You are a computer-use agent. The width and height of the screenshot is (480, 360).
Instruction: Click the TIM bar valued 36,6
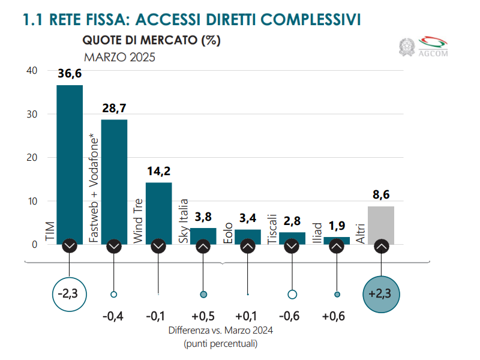click(x=70, y=162)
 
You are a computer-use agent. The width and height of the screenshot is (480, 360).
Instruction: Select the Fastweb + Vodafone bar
click(x=114, y=180)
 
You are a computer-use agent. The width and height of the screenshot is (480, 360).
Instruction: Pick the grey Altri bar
click(x=381, y=224)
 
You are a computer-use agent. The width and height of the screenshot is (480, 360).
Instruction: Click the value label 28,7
click(x=114, y=109)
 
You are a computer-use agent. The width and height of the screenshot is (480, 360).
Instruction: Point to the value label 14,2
click(x=158, y=171)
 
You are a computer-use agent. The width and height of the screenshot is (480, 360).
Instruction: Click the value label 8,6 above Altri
click(x=381, y=195)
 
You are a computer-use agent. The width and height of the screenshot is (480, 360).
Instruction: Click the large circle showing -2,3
click(x=70, y=295)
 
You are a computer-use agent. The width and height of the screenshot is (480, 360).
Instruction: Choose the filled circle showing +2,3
click(x=381, y=295)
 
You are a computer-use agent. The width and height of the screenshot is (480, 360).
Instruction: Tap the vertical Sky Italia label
click(x=184, y=221)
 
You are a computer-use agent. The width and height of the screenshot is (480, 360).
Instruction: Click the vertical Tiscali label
click(x=272, y=229)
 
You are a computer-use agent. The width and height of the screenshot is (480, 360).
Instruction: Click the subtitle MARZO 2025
click(x=119, y=58)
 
